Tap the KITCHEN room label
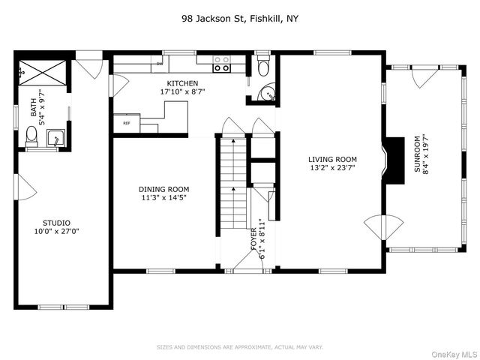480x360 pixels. [183, 83]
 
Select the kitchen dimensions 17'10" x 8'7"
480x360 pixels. [183, 91]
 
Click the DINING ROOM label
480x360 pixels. [163, 189]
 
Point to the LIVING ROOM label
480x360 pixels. [332, 159]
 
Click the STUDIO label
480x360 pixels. [56, 223]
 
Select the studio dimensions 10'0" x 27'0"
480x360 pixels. [56, 232]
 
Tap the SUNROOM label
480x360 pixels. [418, 154]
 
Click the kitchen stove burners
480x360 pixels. [220, 64]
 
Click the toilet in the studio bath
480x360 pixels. [31, 136]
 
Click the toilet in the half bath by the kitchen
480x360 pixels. [261, 67]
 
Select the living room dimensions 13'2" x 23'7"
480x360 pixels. [332, 168]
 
